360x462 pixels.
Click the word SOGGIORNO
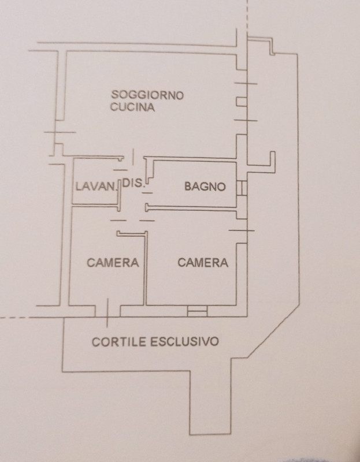coord(147,95)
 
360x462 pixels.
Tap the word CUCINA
coord(132,107)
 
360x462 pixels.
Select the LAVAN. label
coord(96,186)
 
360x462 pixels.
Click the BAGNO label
coord(205,187)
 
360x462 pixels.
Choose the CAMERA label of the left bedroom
coord(113,263)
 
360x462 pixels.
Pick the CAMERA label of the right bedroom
coord(203,263)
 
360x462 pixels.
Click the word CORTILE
coord(119,342)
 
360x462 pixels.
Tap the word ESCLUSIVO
coord(184,341)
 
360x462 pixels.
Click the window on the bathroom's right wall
coord(242,188)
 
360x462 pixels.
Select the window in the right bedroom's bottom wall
coord(197,311)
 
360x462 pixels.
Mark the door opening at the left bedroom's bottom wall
coord(107,311)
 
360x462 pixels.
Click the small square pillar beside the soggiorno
coord(242,102)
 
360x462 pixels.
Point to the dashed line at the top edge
coord(247,15)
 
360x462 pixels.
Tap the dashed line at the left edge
coord(15,318)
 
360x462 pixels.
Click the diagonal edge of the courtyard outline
coord(273,331)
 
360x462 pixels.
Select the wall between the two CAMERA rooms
coord(145,268)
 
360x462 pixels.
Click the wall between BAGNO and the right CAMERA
coord(191,208)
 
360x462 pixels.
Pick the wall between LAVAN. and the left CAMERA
coord(96,205)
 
